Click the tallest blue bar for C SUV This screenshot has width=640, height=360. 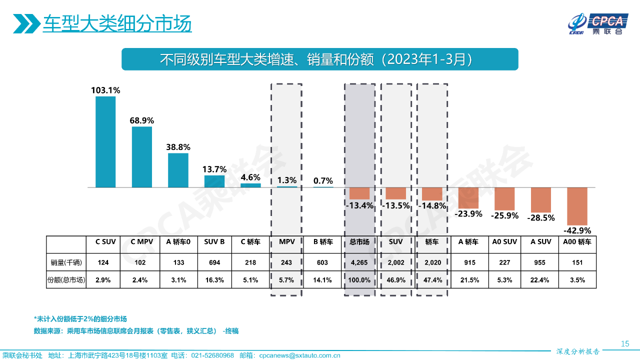point(105,142)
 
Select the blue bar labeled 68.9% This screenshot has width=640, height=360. point(142,157)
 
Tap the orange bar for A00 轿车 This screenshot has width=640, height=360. point(577,206)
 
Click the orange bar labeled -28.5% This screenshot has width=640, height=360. point(541,200)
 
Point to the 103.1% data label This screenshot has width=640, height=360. point(105,90)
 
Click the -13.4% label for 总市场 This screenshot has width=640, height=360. point(359,205)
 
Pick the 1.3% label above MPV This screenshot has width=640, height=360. point(287,180)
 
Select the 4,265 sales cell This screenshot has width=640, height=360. point(359,261)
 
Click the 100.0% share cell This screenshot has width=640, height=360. point(359,280)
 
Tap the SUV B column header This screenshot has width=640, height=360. point(214,242)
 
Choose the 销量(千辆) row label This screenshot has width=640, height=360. point(66,261)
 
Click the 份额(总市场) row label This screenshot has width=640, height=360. point(66,280)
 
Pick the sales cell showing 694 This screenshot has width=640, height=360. point(214,261)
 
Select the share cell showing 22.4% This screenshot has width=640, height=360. point(541,280)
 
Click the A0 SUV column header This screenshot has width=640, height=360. point(504,242)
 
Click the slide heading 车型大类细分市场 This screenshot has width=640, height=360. point(117,23)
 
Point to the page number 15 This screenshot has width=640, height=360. point(624,343)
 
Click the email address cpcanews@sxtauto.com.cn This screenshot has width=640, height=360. point(299,355)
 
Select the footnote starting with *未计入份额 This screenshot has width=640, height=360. point(80,318)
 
